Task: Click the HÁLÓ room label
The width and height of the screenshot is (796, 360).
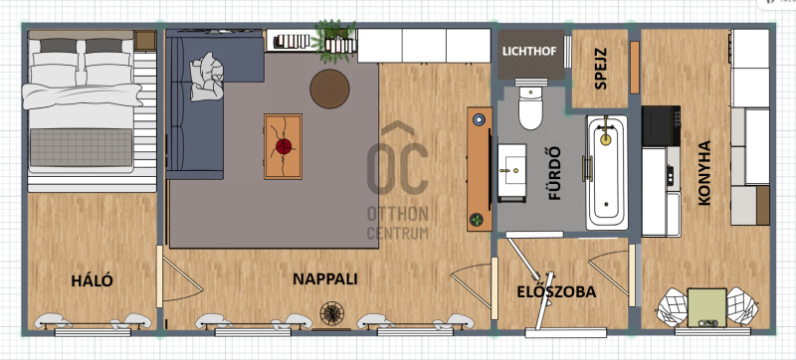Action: (x=92, y=280)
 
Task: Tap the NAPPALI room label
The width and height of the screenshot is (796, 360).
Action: (x=325, y=278)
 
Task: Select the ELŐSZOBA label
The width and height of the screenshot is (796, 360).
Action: (x=556, y=292)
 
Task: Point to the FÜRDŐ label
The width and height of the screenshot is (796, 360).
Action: (x=555, y=173)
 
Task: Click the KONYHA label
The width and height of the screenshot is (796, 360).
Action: (x=704, y=173)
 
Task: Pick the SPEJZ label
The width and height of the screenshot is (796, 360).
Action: (x=601, y=69)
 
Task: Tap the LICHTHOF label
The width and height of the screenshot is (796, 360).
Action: (x=529, y=51)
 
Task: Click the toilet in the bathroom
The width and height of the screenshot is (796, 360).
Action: (x=531, y=104)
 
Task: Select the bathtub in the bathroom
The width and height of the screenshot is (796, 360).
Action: (x=607, y=173)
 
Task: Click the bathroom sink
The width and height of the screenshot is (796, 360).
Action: (x=511, y=173)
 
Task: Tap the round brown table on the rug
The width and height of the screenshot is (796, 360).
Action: (x=329, y=89)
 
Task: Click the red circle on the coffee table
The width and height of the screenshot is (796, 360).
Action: (x=284, y=146)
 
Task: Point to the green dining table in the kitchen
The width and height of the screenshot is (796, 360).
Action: (x=706, y=307)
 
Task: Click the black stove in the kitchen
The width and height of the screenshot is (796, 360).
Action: (x=661, y=125)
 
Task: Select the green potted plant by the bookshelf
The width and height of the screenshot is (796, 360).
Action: (x=333, y=42)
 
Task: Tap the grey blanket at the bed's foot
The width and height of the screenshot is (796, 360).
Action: (x=82, y=147)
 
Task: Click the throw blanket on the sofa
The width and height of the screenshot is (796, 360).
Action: (x=207, y=77)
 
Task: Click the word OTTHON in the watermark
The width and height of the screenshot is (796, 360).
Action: (x=398, y=214)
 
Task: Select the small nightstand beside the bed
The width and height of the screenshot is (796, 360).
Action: (x=145, y=41)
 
